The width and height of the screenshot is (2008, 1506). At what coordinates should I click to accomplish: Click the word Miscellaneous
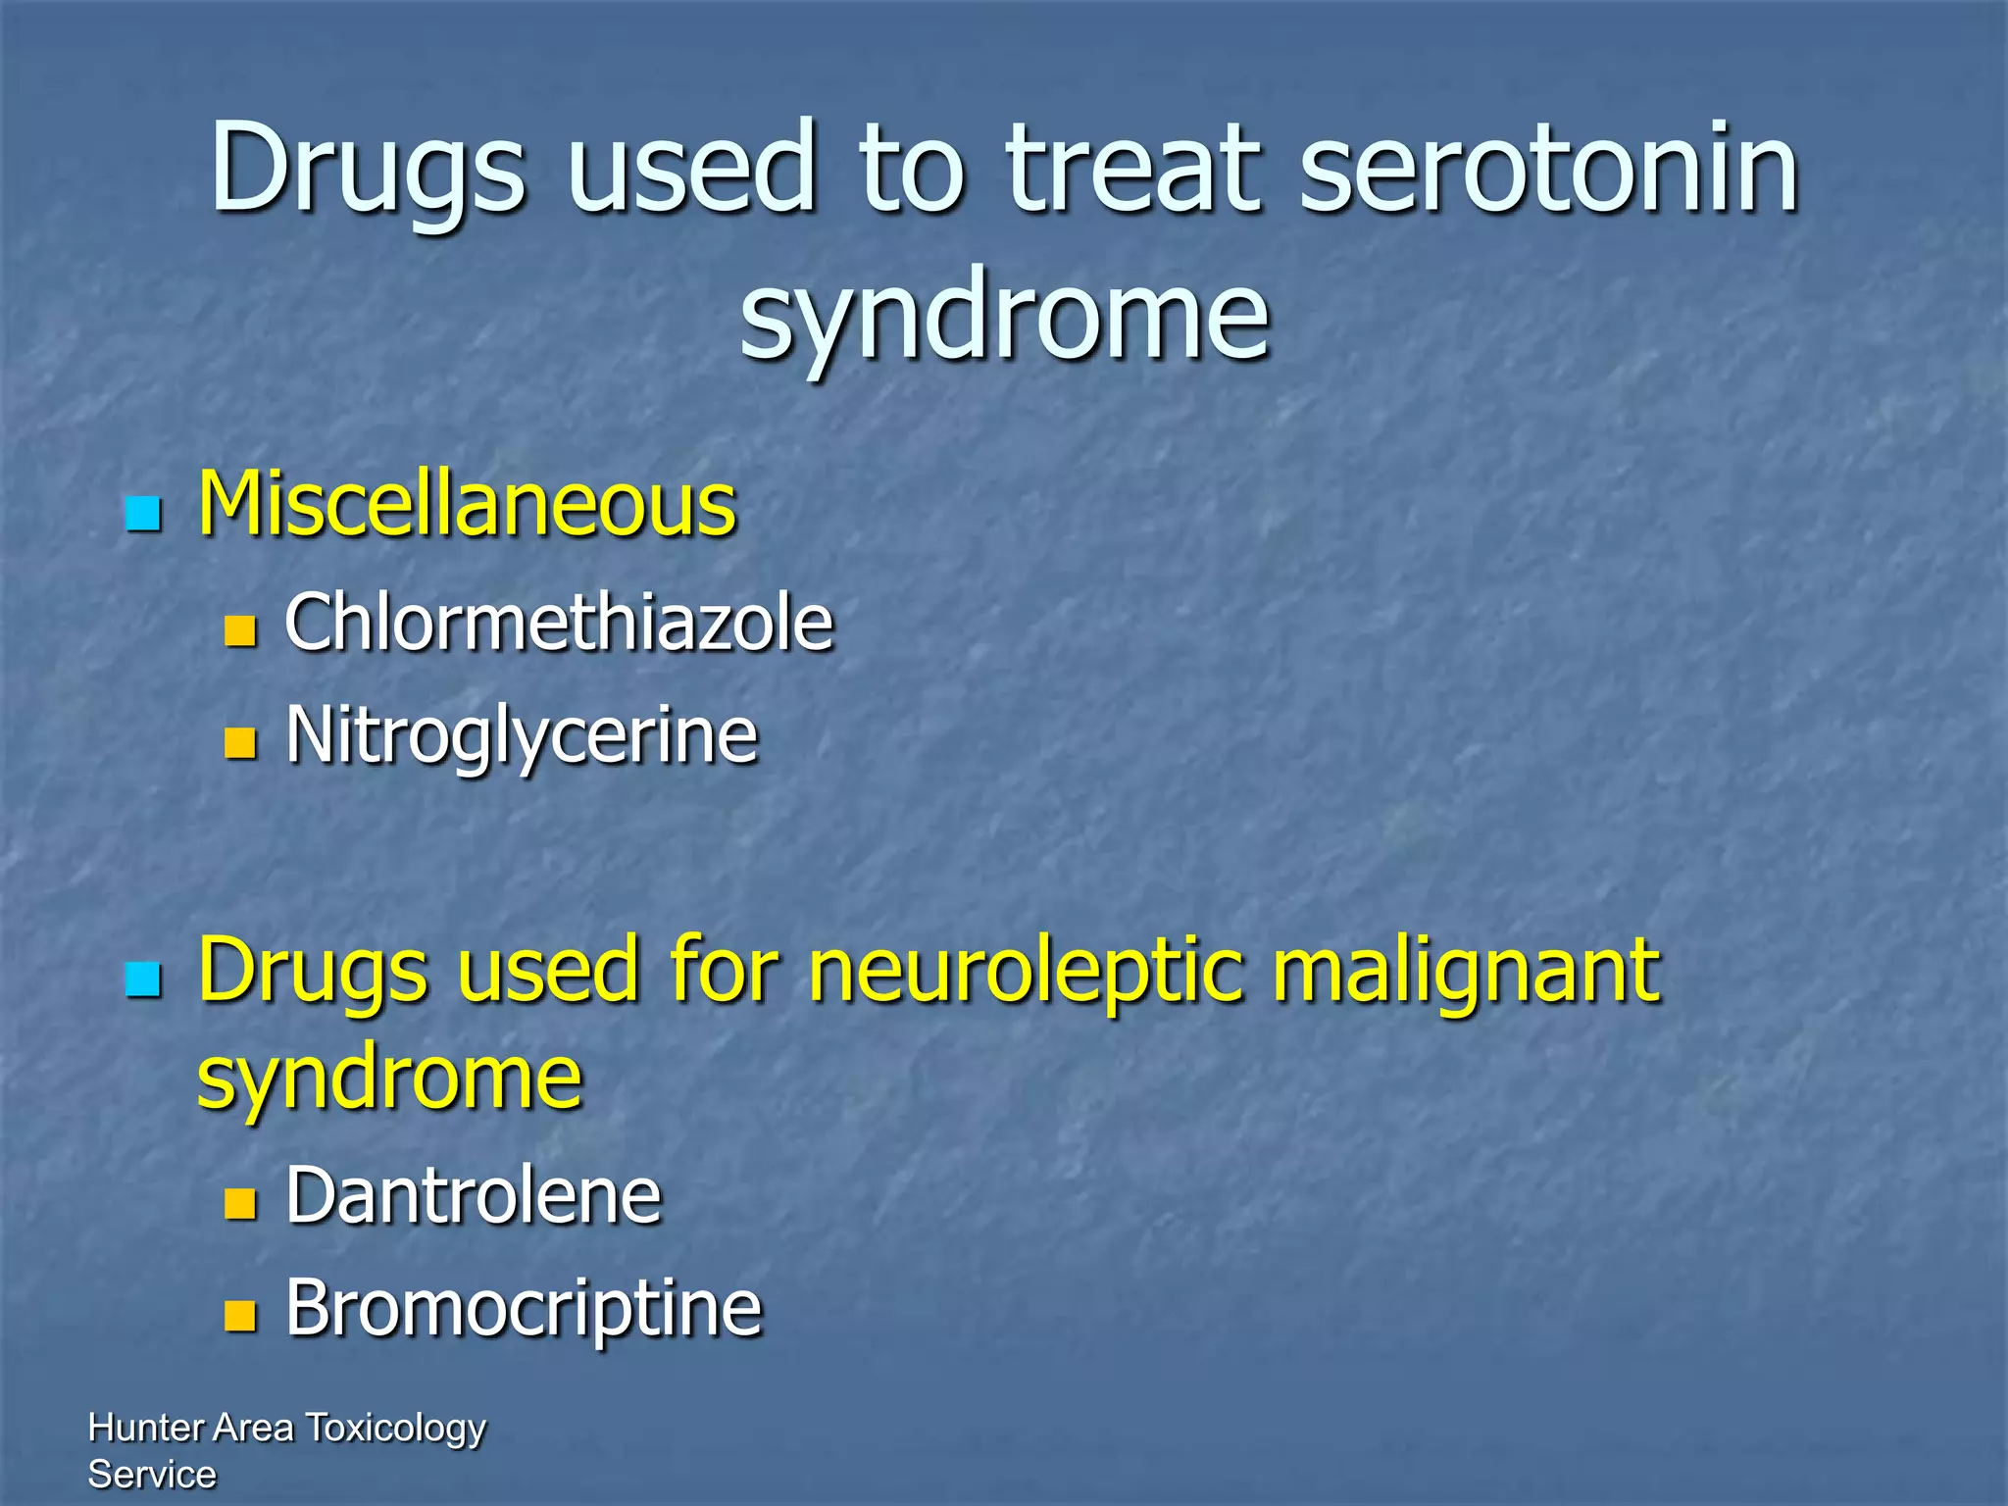click(x=467, y=505)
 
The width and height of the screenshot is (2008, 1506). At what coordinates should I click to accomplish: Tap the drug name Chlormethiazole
click(x=559, y=623)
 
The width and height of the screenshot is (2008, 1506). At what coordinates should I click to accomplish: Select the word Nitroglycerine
click(x=522, y=735)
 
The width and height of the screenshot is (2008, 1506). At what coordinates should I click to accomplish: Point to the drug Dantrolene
click(x=474, y=1196)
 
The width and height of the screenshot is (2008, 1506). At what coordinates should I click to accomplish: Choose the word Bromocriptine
click(x=524, y=1309)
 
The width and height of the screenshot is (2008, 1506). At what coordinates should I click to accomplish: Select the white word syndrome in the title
click(x=1004, y=316)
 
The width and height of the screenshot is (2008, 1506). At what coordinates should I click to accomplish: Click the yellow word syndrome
click(x=389, y=1079)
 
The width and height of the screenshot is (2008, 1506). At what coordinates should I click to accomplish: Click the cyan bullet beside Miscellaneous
click(x=143, y=513)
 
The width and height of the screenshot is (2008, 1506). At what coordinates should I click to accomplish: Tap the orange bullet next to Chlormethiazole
click(x=240, y=630)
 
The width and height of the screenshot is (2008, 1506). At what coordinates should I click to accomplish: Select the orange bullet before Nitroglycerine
click(x=240, y=742)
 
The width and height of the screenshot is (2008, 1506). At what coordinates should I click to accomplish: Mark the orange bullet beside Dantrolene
click(x=240, y=1203)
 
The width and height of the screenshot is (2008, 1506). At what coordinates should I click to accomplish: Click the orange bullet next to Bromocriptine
click(x=240, y=1315)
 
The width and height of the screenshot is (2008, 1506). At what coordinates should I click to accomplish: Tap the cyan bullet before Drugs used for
click(x=143, y=979)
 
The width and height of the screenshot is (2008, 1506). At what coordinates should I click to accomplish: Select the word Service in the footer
click(x=152, y=1475)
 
